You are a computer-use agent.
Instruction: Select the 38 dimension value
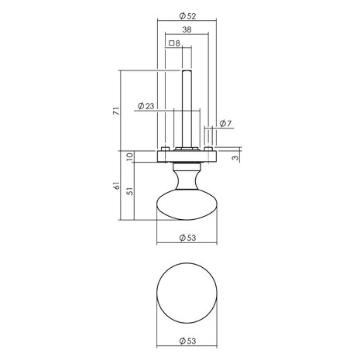point(187,31)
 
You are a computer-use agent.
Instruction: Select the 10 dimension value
point(129,157)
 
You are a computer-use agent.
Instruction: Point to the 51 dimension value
point(129,192)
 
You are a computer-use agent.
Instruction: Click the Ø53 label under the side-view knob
point(187,238)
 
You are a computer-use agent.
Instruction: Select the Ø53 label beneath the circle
point(187,339)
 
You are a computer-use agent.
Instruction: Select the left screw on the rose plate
point(166,149)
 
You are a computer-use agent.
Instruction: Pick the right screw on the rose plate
point(207,149)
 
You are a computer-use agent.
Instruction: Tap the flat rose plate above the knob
point(187,156)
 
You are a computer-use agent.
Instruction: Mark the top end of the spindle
point(187,70)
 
